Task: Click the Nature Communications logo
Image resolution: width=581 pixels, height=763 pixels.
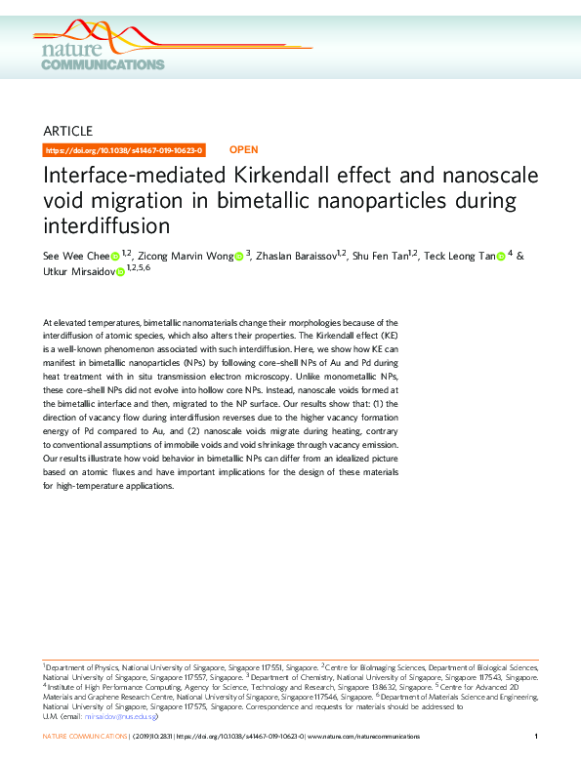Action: (104, 55)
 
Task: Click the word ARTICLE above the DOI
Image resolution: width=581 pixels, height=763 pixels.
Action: (68, 131)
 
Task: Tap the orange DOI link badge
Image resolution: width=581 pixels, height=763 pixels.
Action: (126, 150)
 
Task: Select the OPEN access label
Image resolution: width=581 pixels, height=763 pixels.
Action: (243, 150)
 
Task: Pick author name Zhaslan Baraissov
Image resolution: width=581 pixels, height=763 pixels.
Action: (294, 257)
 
